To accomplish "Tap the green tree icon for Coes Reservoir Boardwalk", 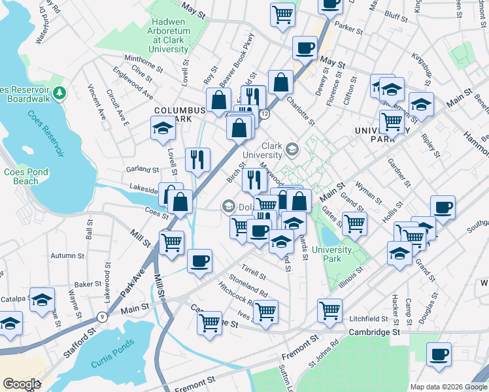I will pyautogui.click(x=59, y=92).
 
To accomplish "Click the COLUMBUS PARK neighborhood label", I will pyautogui.click(x=173, y=114).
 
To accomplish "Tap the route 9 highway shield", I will pyautogui.click(x=101, y=317).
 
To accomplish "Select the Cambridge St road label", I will pyautogui.click(x=374, y=332).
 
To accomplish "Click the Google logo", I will pyautogui.click(x=22, y=384).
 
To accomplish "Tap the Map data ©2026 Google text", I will pyautogui.click(x=447, y=386).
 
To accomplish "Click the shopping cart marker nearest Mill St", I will pyautogui.click(x=171, y=242).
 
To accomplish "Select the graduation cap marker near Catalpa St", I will pyautogui.click(x=42, y=300).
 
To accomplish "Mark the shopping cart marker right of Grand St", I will pyautogui.click(x=354, y=223).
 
